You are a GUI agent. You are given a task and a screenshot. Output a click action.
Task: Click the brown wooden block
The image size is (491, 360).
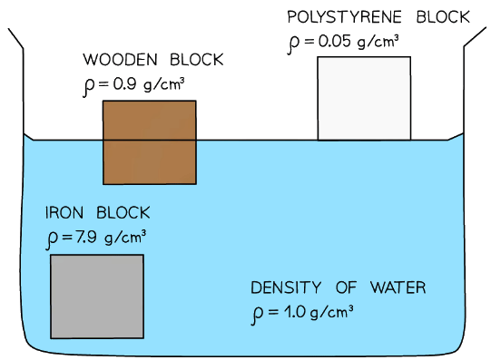click(149, 141)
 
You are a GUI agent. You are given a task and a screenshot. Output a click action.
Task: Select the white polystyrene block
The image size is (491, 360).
click(364, 98)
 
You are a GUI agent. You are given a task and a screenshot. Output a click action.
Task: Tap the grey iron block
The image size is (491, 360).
click(96, 296)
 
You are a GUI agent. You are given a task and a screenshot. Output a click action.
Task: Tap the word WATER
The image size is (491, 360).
click(396, 289)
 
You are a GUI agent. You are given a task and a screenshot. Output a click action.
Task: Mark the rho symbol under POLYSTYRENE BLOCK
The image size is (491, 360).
click(292, 44)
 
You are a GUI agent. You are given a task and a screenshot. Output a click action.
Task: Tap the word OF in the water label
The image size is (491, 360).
click(346, 289)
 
